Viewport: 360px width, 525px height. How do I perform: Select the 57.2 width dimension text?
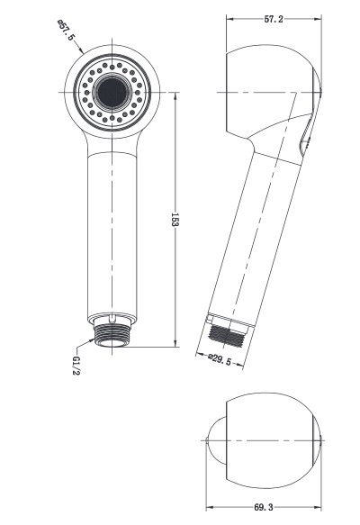coord(272,19)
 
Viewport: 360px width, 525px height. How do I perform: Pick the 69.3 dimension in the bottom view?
coord(263,509)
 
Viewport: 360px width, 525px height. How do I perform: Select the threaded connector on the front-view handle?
coord(113,335)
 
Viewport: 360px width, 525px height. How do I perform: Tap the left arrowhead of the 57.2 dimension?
coord(228,19)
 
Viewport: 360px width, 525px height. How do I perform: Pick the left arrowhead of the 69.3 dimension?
coord(208,509)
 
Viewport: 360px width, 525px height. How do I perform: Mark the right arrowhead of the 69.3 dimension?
coord(319,509)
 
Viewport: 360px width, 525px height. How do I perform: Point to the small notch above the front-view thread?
coord(113,318)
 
